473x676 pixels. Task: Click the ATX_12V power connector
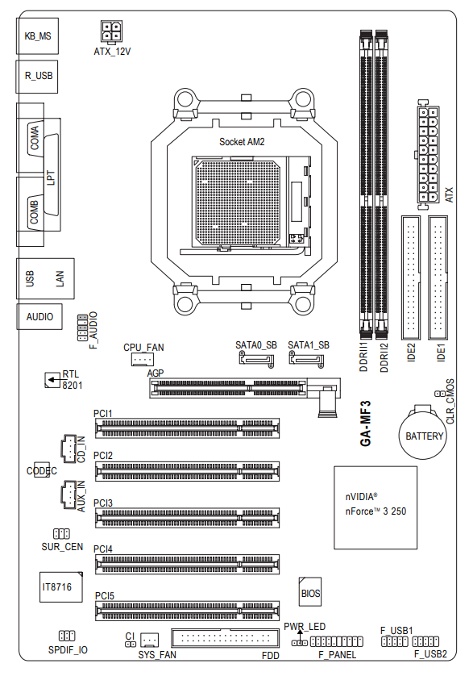coord(111,32)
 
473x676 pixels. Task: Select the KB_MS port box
coord(38,35)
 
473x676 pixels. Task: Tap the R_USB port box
coord(37,77)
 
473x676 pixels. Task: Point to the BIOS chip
coord(309,592)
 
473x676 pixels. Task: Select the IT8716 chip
coord(60,586)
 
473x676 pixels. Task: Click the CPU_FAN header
coord(142,359)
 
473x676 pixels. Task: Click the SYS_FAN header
coord(150,641)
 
